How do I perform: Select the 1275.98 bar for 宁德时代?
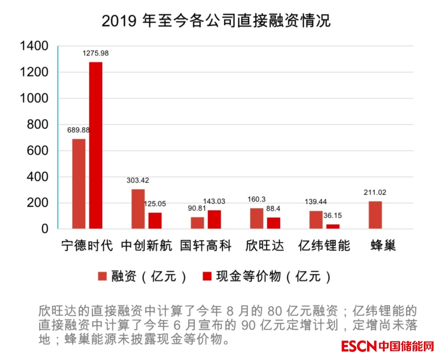95,146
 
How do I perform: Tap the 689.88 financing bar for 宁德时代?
79,184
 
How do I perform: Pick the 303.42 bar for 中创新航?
138,209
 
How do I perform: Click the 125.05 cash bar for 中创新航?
155,221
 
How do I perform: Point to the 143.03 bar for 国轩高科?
214,220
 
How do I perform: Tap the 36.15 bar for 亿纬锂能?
333,226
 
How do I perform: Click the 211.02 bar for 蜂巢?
375,215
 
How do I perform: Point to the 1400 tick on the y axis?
34,46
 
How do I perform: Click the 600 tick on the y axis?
38,151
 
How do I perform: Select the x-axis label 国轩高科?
206,245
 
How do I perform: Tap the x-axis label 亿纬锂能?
324,245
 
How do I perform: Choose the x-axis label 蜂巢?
383,245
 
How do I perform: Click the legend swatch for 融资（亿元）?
103,276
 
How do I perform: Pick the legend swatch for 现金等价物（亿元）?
206,276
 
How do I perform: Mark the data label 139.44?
315,202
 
